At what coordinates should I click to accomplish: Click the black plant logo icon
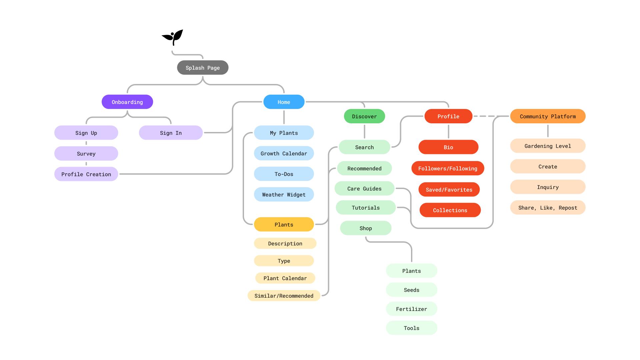tap(173, 37)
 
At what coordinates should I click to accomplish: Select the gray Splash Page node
tap(203, 68)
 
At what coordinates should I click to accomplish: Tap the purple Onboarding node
tap(127, 102)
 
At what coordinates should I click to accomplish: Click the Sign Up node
tap(86, 133)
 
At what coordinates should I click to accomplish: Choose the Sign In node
tap(171, 133)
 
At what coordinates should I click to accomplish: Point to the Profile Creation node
tap(86, 174)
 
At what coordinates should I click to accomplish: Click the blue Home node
tap(284, 102)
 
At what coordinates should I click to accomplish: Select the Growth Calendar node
tap(284, 153)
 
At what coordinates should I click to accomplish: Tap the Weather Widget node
tap(284, 194)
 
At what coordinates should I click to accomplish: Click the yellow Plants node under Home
tap(284, 224)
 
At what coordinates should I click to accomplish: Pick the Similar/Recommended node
tap(284, 296)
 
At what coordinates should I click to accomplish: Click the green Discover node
tap(364, 116)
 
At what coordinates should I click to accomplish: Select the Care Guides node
tap(364, 189)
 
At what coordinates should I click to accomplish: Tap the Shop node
tap(366, 228)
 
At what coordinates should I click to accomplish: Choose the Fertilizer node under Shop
tap(411, 309)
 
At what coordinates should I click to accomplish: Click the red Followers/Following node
tap(448, 168)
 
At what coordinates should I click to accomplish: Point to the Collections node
tap(450, 210)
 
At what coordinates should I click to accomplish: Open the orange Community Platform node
tap(548, 116)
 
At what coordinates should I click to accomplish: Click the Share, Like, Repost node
tap(548, 208)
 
